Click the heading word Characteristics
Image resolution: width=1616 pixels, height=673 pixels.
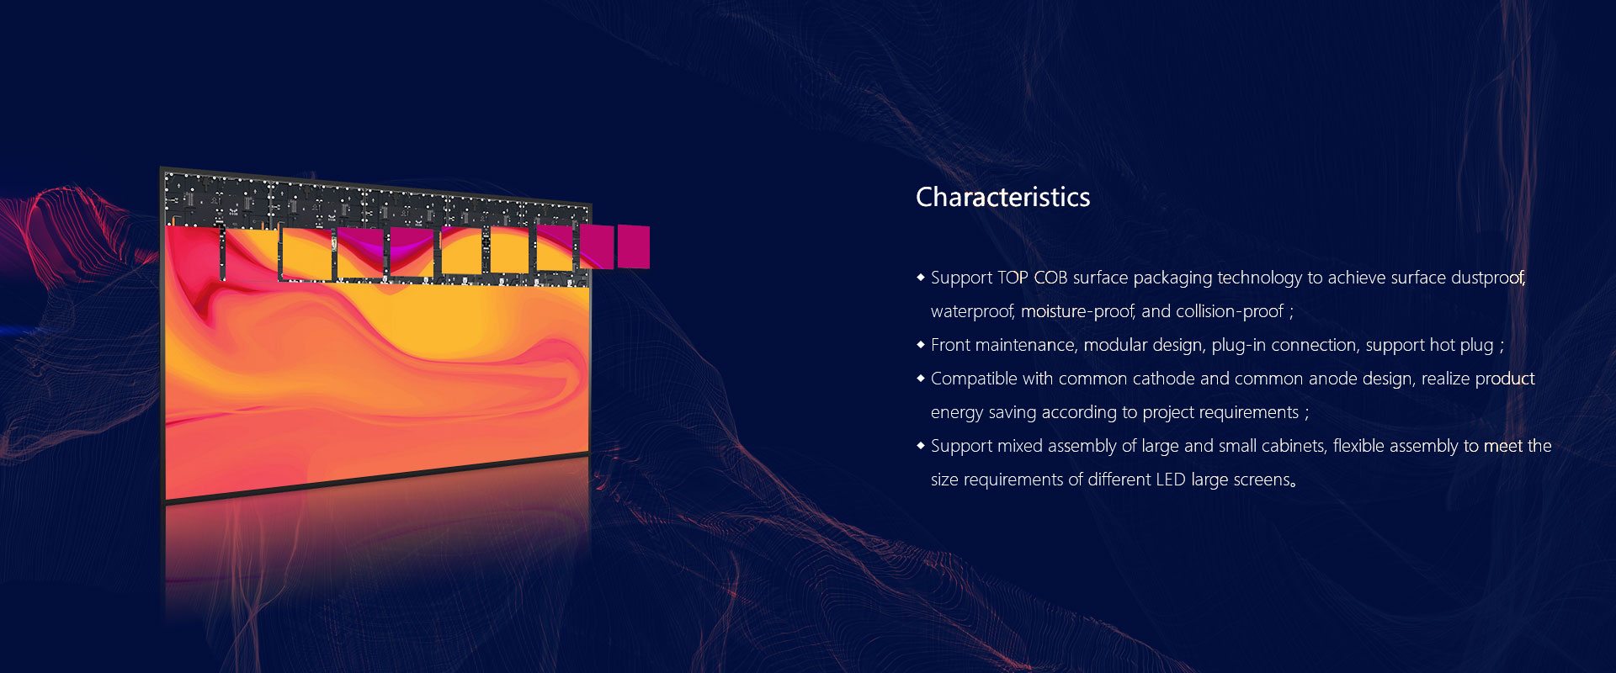[x=1002, y=197]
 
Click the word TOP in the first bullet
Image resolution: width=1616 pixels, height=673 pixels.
[x=1013, y=278]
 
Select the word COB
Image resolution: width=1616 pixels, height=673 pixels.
[x=1050, y=278]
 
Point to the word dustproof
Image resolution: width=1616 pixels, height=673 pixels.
[x=1488, y=278]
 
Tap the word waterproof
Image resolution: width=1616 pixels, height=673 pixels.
[x=972, y=312]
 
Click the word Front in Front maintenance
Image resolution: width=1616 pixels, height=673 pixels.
[x=950, y=345]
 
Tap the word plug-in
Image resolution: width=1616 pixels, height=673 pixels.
[x=1239, y=346]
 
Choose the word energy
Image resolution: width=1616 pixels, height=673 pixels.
[x=957, y=413]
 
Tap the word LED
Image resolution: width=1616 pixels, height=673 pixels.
[x=1171, y=480]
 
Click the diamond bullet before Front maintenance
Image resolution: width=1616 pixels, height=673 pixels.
[x=921, y=344]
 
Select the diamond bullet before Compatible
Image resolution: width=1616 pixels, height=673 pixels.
[x=921, y=378]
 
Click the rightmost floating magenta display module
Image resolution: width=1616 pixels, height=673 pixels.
[x=634, y=246]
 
